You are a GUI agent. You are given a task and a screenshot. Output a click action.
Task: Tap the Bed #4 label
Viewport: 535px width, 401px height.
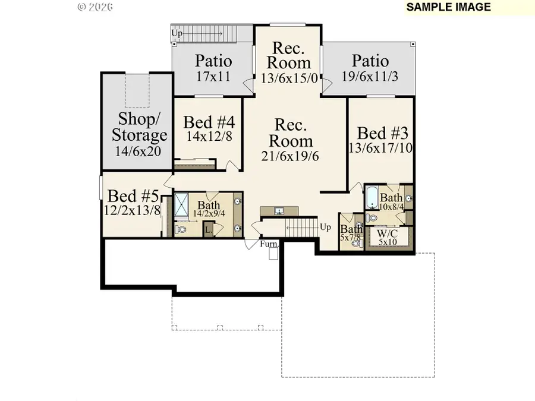pos(209,122)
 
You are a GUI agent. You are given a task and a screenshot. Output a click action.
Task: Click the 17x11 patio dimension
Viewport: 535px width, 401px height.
pos(214,77)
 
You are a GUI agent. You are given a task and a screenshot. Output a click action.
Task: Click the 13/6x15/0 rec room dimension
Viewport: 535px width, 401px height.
pos(289,77)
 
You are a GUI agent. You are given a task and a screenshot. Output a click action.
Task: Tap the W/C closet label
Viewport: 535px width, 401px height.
pos(387,233)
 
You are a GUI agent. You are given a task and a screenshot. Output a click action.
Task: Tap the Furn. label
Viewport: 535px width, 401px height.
pos(269,244)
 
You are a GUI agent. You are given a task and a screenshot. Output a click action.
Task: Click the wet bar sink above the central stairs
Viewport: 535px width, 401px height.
pos(279,211)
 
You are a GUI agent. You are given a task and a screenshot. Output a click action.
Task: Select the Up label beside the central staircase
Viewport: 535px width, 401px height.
pos(325,228)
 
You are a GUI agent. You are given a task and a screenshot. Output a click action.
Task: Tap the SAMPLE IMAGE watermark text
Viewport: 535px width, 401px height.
pos(449,7)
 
